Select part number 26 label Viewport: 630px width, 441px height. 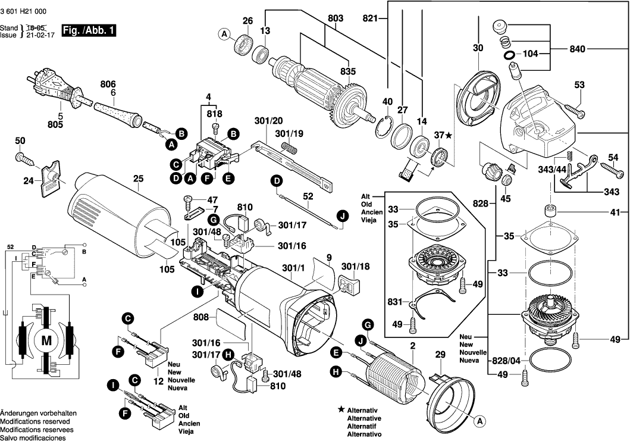point(247,21)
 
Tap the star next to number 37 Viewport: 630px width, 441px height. point(449,136)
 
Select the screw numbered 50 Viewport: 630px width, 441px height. point(25,157)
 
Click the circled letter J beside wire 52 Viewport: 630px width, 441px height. point(341,216)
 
